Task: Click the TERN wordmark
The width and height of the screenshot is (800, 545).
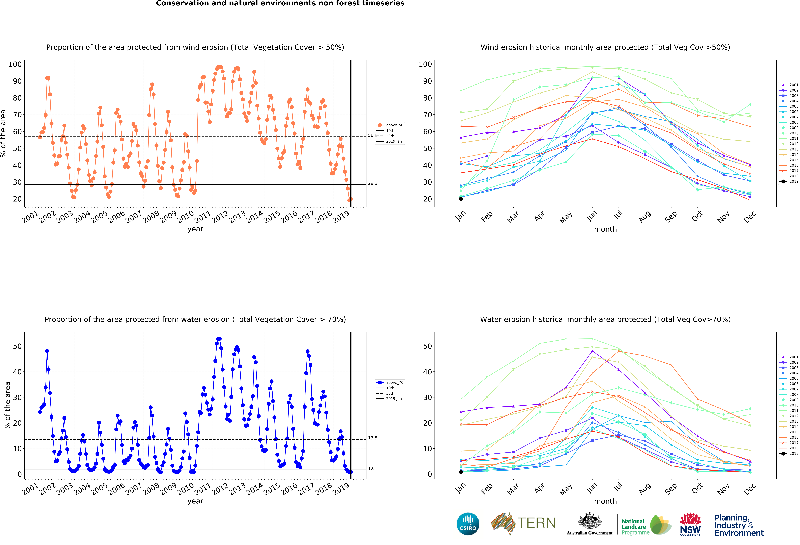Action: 536,523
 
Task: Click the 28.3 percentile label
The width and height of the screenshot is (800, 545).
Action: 372,183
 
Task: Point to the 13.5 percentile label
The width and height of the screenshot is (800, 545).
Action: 372,438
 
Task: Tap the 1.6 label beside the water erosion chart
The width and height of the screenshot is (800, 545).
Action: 371,468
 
